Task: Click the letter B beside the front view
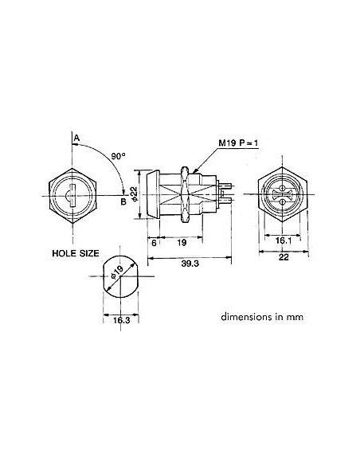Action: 123,201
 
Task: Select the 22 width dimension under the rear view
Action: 284,256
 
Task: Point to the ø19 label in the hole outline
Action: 117,275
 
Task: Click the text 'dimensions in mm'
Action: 264,315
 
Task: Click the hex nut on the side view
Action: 186,193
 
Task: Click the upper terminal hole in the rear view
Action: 284,186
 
